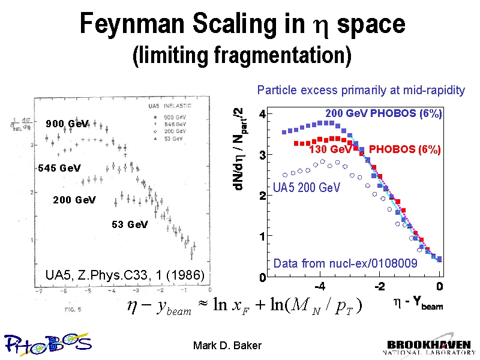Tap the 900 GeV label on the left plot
pos(67,124)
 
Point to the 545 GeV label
pos(59,168)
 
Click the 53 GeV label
pos(130,224)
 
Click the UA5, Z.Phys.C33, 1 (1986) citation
pos(125,275)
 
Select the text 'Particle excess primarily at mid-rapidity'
pos(361,91)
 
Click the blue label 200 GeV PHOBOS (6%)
pos(383,113)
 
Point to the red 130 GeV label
pos(330,149)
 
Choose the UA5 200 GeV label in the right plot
pos(307,188)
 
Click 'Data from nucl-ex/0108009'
pos(346,263)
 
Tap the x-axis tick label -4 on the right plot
pos(320,286)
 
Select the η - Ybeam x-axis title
pos(418,304)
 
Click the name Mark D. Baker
pos(227,346)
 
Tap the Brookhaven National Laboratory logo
pos(428,349)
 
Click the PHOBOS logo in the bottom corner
pos(48,344)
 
